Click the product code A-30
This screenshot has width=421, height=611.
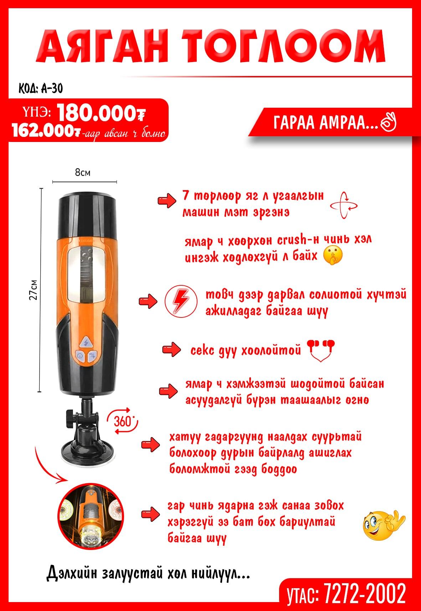point(52,88)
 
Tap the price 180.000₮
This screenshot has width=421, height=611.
point(101,113)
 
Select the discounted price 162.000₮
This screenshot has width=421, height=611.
point(46,131)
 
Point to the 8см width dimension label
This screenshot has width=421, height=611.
point(83,173)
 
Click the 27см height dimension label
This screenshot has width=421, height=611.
point(33,290)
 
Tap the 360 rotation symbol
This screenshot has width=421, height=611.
point(123,421)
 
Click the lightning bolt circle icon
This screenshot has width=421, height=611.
point(181,301)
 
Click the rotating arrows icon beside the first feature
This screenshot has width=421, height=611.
point(344,205)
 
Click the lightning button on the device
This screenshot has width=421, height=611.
point(86,342)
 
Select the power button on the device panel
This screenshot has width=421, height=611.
point(80,356)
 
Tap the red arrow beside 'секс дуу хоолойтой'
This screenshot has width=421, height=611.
point(171,350)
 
